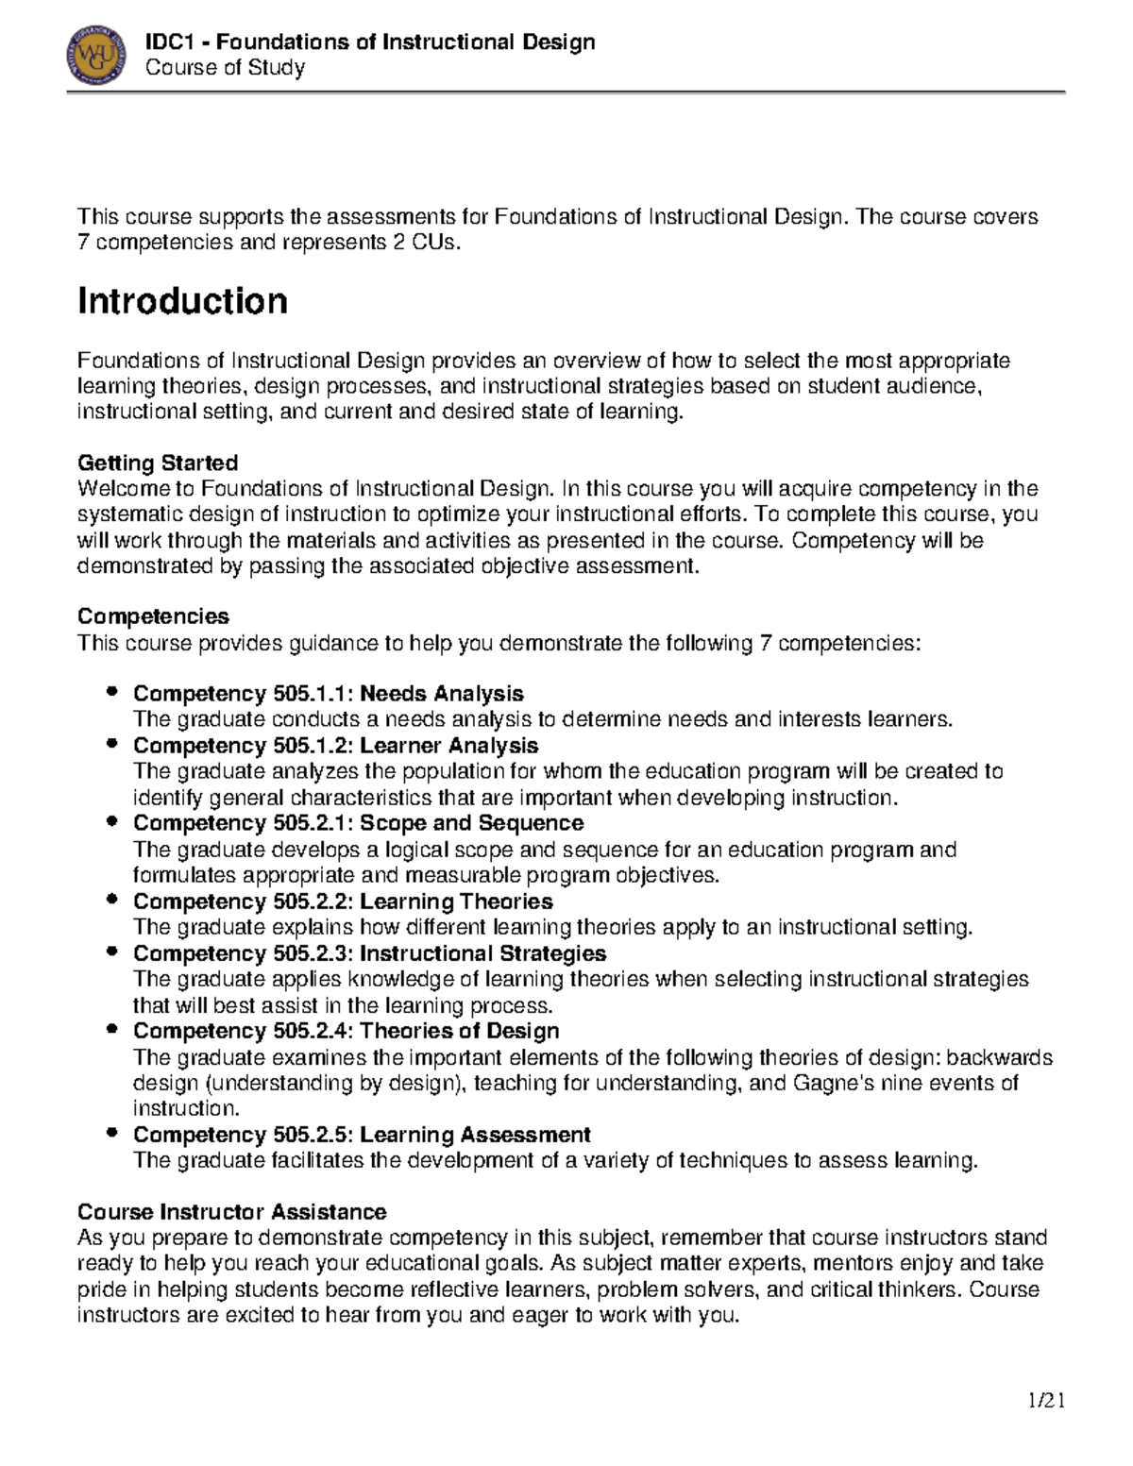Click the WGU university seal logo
point(96,55)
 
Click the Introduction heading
point(182,302)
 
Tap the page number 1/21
point(1046,1400)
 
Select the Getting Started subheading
point(157,463)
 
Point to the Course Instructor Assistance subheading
point(231,1211)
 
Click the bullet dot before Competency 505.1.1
point(113,693)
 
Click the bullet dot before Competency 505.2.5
point(113,1133)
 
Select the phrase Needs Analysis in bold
point(442,694)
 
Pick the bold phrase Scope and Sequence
point(471,823)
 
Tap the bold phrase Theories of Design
point(459,1031)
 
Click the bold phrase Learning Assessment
point(475,1134)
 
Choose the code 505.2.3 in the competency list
point(312,953)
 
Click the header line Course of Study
point(225,68)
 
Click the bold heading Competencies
point(153,616)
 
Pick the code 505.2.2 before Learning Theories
point(312,902)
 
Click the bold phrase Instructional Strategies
point(482,953)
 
